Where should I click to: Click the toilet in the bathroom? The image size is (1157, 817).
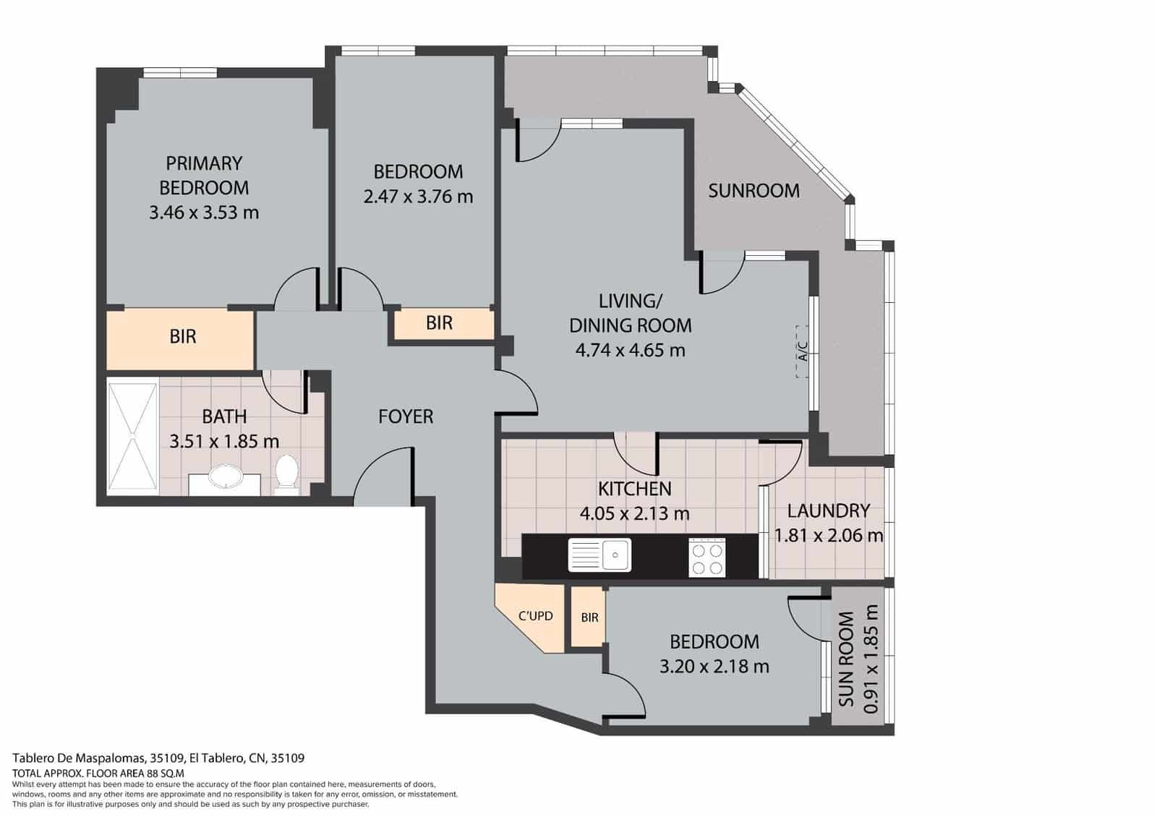287,474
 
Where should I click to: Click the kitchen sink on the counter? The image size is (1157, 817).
599,555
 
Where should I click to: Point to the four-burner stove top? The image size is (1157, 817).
706,558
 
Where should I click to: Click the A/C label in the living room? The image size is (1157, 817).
802,352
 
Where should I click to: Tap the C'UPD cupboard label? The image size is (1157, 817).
535,616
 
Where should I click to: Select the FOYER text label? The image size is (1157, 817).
406,416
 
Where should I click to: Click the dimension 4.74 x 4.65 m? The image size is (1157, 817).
630,351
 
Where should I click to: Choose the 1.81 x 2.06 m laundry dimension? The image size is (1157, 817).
828,536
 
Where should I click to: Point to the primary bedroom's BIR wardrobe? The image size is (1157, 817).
182,337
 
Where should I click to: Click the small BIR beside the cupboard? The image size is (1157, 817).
589,617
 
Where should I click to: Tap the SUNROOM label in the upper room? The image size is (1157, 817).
753,191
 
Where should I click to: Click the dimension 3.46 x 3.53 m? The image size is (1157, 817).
203,213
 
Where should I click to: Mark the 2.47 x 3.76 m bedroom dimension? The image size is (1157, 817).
418,197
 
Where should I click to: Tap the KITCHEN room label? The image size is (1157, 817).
634,489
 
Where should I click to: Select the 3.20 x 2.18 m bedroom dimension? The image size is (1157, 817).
714,666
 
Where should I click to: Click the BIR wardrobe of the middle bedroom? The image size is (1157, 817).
439,323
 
